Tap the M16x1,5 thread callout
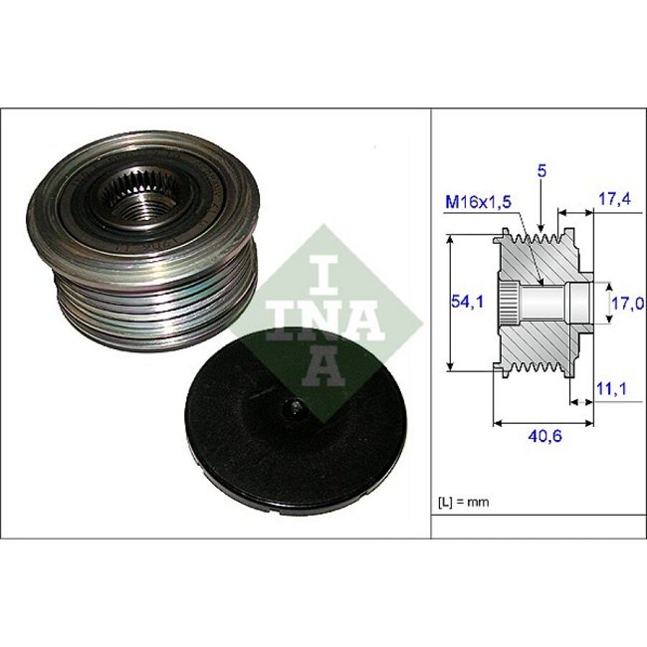tap(478, 202)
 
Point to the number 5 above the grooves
tap(541, 171)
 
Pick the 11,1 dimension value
tap(612, 388)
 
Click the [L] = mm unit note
tap(464, 502)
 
